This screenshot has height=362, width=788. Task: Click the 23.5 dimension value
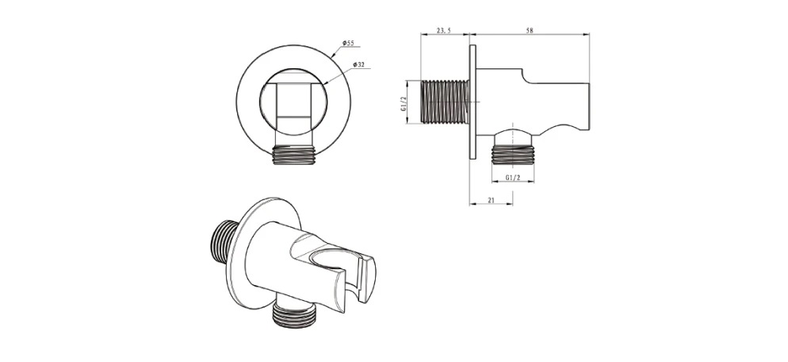[444, 31]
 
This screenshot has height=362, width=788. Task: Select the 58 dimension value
[530, 31]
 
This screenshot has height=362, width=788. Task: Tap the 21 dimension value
[491, 200]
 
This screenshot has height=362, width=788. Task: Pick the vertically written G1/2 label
[404, 102]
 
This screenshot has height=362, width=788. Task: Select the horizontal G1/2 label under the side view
[512, 178]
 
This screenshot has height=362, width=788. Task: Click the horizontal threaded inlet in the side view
[447, 102]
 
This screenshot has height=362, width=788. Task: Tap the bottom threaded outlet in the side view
[512, 153]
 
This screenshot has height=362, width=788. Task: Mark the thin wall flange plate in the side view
[472, 102]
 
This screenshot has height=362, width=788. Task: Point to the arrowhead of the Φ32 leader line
[326, 83]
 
